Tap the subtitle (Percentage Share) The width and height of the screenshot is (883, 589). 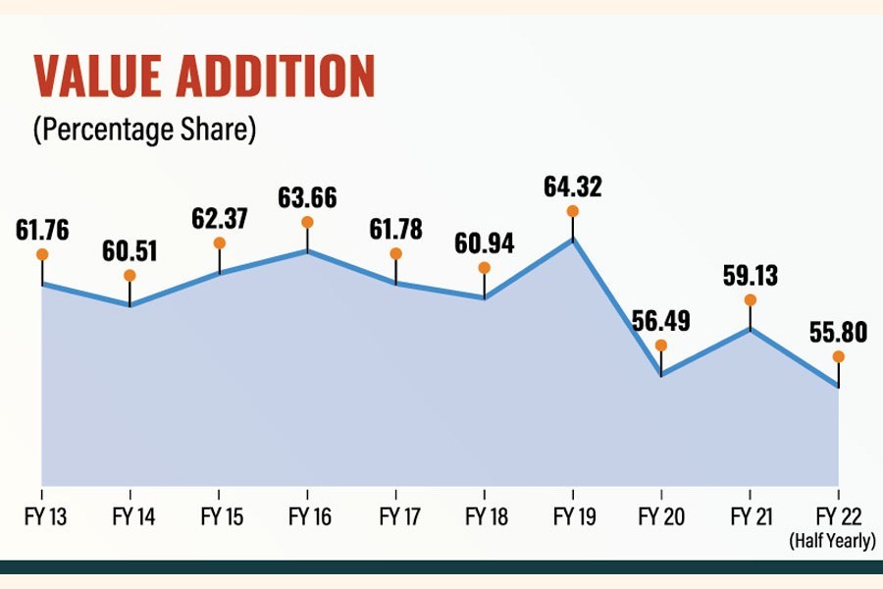click(144, 131)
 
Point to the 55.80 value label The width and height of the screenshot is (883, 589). click(838, 332)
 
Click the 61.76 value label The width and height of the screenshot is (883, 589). click(44, 230)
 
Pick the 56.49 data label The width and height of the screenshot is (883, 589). click(660, 321)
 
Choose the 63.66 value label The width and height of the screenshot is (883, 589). click(307, 197)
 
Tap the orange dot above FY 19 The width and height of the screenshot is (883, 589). click(572, 211)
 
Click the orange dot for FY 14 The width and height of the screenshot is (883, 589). click(130, 275)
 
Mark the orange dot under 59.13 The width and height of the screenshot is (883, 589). click(751, 299)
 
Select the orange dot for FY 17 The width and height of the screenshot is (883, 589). click(395, 253)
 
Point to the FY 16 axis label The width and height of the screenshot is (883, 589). click(307, 516)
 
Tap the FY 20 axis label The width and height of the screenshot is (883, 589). click(660, 516)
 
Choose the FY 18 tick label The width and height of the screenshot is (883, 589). click(484, 516)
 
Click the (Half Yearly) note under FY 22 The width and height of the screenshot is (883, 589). click(832, 539)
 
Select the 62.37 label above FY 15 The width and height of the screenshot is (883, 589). click(220, 219)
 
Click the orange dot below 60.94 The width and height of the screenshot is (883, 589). click(484, 267)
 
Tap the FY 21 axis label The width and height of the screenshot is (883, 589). click(750, 516)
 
